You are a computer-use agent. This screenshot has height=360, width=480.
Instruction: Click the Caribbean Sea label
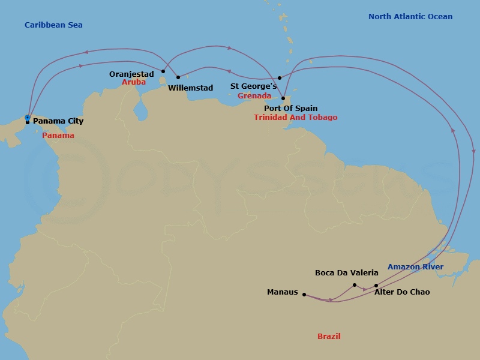53,25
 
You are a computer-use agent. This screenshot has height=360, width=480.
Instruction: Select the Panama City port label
58,121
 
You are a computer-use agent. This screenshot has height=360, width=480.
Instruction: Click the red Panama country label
58,136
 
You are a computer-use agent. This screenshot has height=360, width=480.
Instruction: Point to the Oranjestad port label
131,74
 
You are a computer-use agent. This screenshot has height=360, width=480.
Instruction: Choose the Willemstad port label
190,88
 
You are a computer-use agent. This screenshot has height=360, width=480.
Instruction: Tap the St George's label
254,86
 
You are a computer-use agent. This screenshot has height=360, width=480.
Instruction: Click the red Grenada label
254,96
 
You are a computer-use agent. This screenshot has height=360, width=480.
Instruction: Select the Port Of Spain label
291,109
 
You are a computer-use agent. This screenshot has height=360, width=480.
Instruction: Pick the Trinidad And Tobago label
295,118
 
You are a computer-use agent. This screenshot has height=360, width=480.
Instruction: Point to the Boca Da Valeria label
347,273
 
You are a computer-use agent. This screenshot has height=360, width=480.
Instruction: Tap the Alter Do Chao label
402,292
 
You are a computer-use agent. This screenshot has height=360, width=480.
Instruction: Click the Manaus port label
282,293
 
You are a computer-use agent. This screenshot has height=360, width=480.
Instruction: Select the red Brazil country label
329,337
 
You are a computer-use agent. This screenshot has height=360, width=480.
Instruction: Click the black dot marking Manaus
304,295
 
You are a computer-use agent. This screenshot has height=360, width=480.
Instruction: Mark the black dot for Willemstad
178,77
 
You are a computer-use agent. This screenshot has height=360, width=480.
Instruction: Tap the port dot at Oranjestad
163,71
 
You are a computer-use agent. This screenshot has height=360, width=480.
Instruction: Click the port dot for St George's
280,78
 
